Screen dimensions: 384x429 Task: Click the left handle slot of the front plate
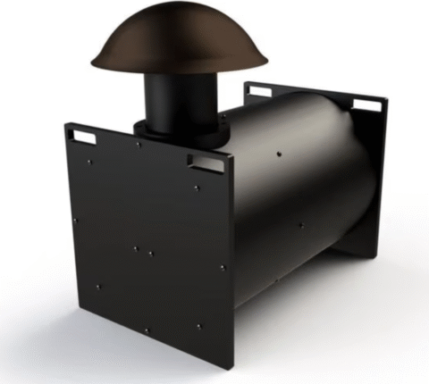click(x=85, y=136)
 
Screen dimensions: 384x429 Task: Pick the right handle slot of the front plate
click(x=207, y=162)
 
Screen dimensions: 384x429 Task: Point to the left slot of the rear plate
click(x=259, y=90)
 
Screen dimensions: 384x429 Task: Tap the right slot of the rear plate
click(x=366, y=104)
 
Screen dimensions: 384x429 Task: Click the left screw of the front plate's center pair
click(x=135, y=248)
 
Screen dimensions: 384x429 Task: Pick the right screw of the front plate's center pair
click(x=150, y=254)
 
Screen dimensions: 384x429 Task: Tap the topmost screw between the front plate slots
click(x=138, y=145)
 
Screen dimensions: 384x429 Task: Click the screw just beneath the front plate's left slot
click(x=89, y=162)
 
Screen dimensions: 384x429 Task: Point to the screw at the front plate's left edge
click(x=75, y=220)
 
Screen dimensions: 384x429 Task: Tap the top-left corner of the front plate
click(x=64, y=124)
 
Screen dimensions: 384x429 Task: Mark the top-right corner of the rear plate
click(x=384, y=100)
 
